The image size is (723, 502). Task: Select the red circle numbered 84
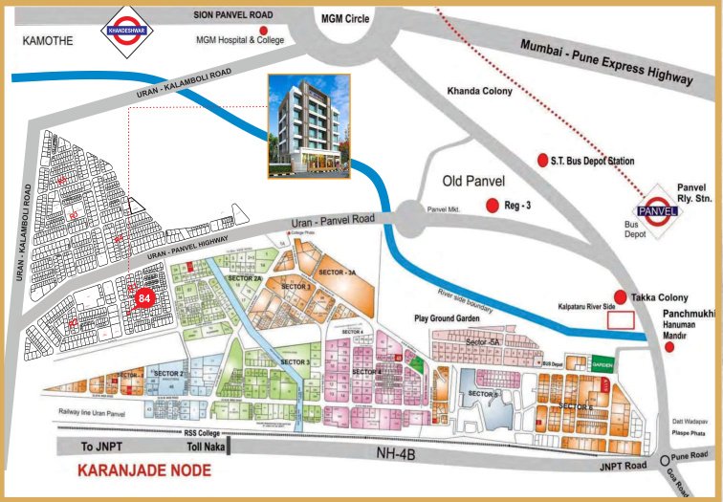pos(145,298)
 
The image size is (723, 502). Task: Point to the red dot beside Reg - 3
pos(493,205)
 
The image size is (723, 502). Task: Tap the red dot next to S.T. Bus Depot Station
pos(542,160)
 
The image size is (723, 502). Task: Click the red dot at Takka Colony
pos(620,297)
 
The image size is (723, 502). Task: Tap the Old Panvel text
pos(473,181)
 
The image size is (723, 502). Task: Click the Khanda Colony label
pos(480,92)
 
